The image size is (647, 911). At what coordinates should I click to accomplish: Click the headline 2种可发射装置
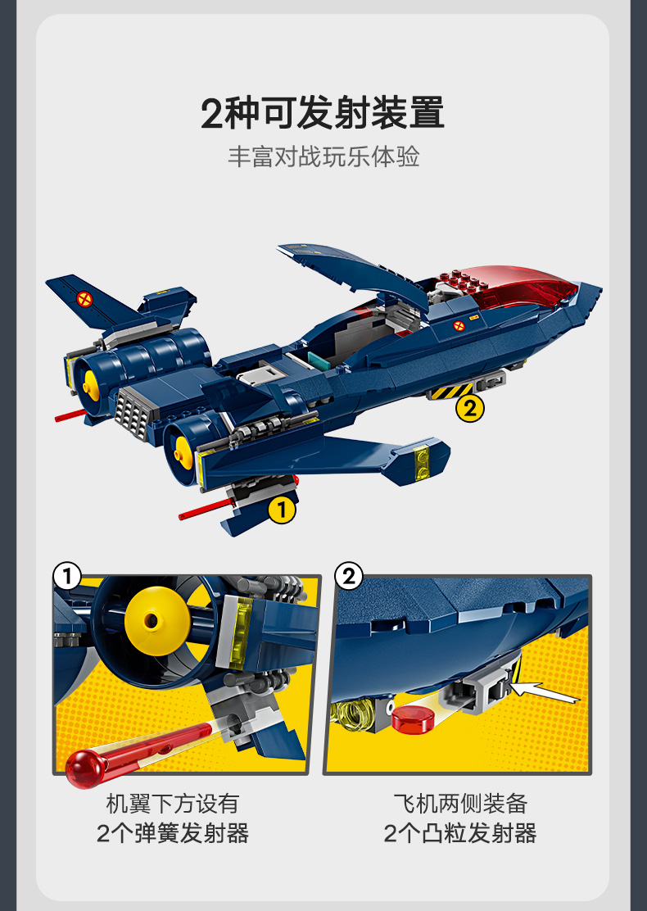pyautogui.click(x=323, y=113)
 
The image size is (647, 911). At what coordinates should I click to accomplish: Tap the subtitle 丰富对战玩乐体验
pyautogui.click(x=323, y=156)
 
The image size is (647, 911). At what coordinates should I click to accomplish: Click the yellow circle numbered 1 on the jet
pyautogui.click(x=282, y=510)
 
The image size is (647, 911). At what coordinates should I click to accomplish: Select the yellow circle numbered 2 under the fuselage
pyautogui.click(x=470, y=409)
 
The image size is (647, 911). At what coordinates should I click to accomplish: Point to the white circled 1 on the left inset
pyautogui.click(x=67, y=577)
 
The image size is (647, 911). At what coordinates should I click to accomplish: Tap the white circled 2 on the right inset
pyautogui.click(x=348, y=577)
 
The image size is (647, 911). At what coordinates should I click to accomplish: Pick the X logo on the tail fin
pyautogui.click(x=85, y=300)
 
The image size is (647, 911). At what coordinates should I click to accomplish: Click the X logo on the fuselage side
pyautogui.click(x=459, y=325)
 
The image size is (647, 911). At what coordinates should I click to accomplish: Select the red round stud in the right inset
pyautogui.click(x=413, y=718)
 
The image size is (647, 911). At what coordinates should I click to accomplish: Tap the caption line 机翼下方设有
pyautogui.click(x=173, y=804)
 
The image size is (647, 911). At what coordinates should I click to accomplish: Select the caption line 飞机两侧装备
pyautogui.click(x=459, y=804)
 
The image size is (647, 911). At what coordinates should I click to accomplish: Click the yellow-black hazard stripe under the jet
pyautogui.click(x=452, y=391)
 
